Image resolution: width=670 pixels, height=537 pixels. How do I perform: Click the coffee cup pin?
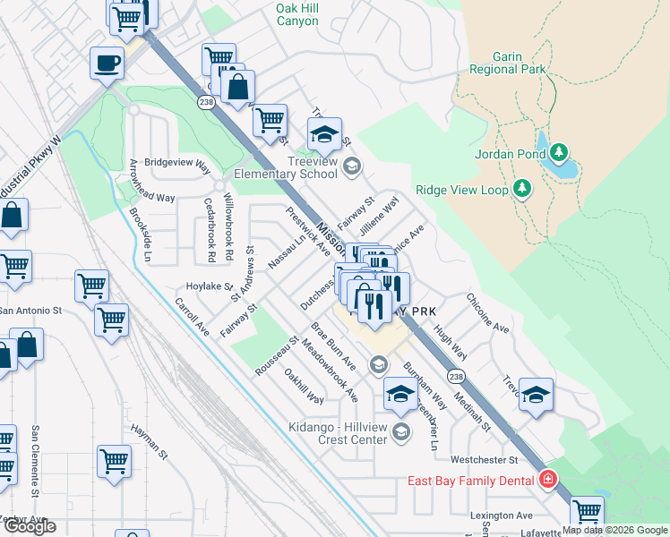pyautogui.click(x=107, y=64)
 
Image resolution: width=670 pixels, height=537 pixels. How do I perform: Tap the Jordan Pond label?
pyautogui.click(x=514, y=154)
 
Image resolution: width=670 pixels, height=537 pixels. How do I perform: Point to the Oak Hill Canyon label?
pyautogui.click(x=296, y=13)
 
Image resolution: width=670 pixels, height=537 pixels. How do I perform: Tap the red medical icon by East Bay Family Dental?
pyautogui.click(x=547, y=481)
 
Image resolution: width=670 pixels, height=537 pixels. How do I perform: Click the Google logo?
pyautogui.click(x=30, y=526)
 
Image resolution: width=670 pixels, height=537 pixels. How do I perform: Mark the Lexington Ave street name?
pyautogui.click(x=502, y=516)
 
